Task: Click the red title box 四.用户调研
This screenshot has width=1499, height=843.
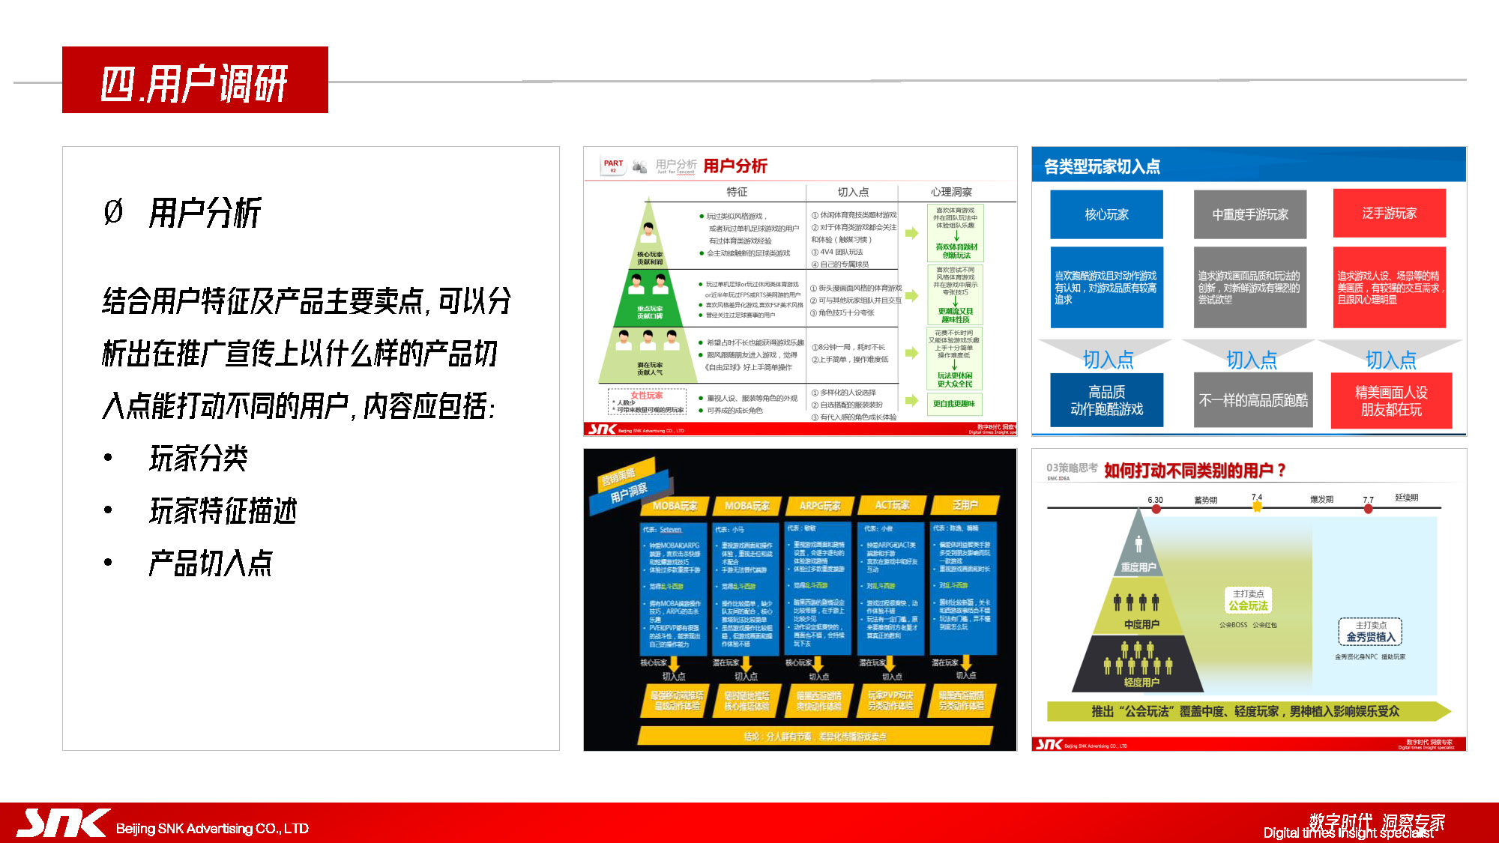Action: click(x=195, y=80)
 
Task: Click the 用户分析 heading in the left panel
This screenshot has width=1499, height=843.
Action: click(x=204, y=213)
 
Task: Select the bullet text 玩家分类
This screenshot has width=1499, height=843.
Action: click(x=199, y=459)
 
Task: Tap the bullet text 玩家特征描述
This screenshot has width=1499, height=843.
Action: click(x=223, y=511)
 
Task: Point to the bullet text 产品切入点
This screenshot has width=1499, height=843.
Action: click(x=210, y=563)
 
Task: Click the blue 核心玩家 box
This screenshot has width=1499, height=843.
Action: click(x=1106, y=214)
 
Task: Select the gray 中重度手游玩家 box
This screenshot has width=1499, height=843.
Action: click(x=1250, y=214)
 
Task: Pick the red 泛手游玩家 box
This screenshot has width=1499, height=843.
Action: click(x=1390, y=214)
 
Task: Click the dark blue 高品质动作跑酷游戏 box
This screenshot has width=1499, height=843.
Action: click(x=1106, y=400)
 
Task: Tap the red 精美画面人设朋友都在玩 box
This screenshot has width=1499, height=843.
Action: click(x=1391, y=401)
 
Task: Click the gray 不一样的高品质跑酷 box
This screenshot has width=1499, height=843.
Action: click(x=1253, y=400)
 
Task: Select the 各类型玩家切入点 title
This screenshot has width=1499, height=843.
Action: click(x=1102, y=166)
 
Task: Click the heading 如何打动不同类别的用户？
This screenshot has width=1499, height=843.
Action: click(x=1195, y=471)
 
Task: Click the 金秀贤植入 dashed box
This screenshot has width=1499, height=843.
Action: click(x=1370, y=632)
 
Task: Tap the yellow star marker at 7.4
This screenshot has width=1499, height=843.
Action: click(x=1257, y=507)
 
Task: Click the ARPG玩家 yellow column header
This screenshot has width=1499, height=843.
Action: click(x=819, y=506)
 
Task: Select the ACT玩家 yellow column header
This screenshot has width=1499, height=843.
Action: click(x=892, y=505)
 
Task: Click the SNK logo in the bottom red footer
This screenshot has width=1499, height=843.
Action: click(x=63, y=823)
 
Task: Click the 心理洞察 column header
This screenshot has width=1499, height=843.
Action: click(x=951, y=193)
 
